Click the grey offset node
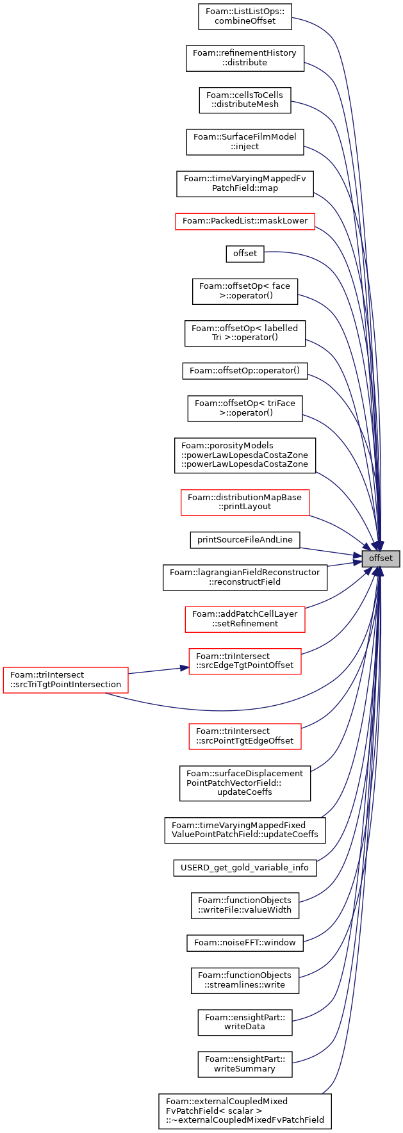point(381,558)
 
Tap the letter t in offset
point(391,558)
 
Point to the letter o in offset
point(372,558)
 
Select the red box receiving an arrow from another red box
point(245,661)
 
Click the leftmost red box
point(65,680)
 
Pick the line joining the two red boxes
point(157,670)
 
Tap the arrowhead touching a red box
point(185,668)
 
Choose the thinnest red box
point(245,222)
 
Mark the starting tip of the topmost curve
point(293,17)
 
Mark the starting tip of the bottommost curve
point(322,1093)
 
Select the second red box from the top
point(245,503)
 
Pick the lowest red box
point(245,737)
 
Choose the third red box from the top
point(245,619)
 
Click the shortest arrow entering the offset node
point(343,564)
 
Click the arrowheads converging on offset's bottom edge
point(379,572)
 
